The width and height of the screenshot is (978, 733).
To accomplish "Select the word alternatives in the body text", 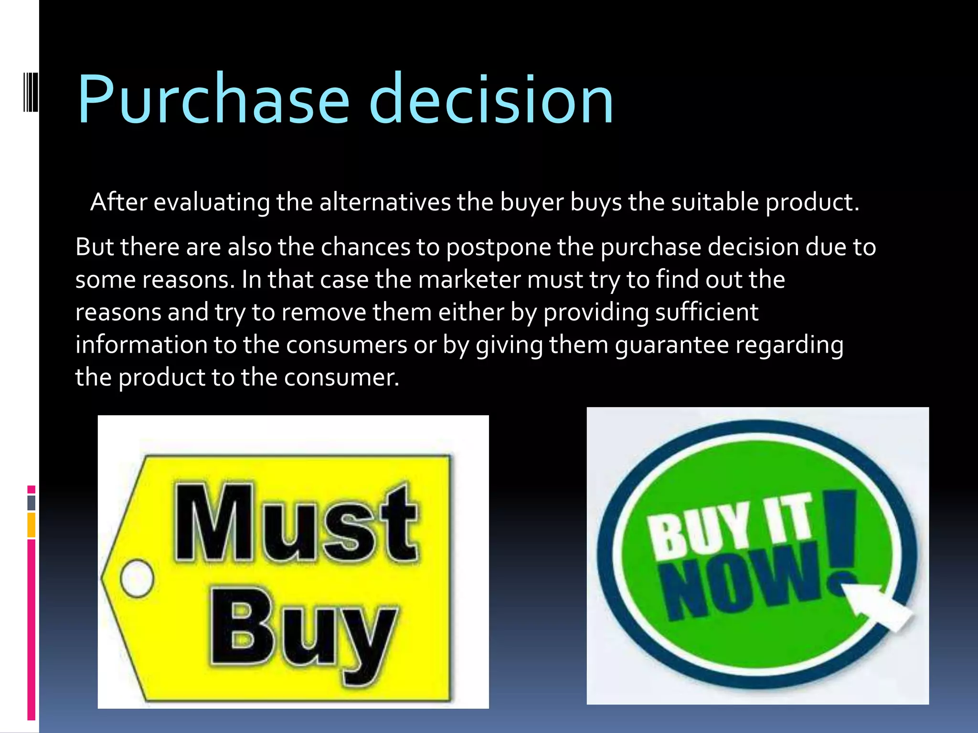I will pyautogui.click(x=385, y=202).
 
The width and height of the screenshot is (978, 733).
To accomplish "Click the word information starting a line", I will pyautogui.click(x=141, y=345).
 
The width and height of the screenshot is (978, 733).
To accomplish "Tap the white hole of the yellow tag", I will pyautogui.click(x=137, y=578).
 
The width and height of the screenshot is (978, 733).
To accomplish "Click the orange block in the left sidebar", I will pyautogui.click(x=31, y=525).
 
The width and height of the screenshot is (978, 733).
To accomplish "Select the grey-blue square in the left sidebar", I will pyautogui.click(x=31, y=503).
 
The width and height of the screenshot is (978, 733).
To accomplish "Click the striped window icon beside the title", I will pyautogui.click(x=31, y=91).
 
